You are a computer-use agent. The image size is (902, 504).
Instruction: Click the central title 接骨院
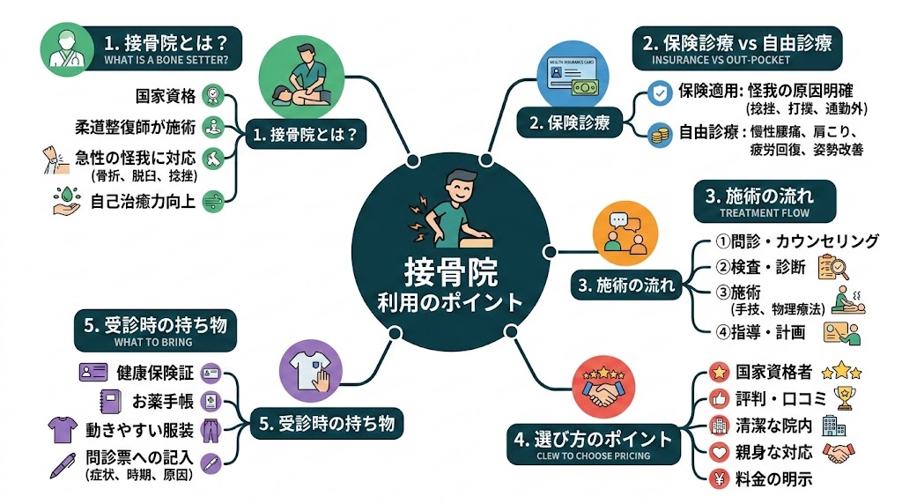coord(450,270)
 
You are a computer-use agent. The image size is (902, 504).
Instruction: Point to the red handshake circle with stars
coord(605,388)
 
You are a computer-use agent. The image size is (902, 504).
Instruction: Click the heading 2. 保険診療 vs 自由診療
coord(737,41)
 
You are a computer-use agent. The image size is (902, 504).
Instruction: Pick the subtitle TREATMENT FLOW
coord(765,212)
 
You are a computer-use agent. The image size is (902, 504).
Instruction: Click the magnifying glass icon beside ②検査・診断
coord(832,266)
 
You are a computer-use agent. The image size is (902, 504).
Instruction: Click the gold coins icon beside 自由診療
coord(658,135)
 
